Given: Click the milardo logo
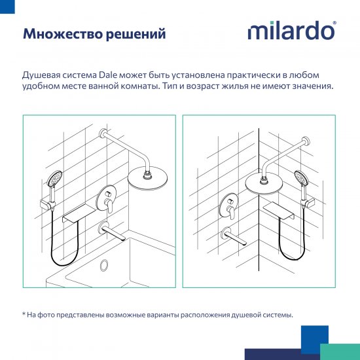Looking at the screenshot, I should pos(291,31).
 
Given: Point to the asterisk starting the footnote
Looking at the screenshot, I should pos(24,315).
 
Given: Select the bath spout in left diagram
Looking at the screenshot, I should pos(111,230).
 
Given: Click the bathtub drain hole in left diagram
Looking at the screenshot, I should pos(103,265).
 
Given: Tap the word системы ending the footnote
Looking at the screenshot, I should pos(276,315).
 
